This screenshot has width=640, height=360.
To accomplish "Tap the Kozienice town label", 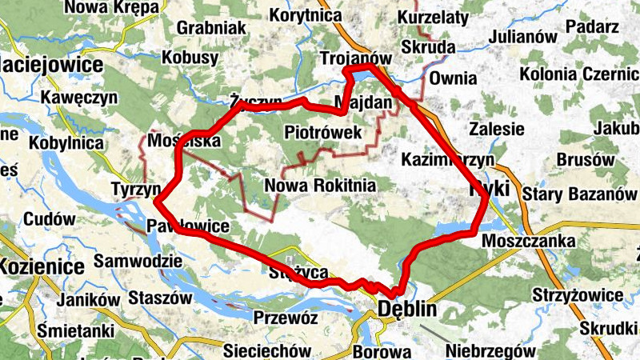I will click(42, 267).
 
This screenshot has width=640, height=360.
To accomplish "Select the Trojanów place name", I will click(355, 59).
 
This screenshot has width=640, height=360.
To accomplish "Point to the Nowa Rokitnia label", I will click(320, 186).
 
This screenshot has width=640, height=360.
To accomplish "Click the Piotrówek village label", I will click(322, 132).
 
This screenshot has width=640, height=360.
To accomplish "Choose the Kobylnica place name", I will click(66, 143).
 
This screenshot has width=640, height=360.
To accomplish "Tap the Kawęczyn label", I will click(81, 97).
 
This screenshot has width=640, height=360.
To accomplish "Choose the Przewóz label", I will click(286, 318).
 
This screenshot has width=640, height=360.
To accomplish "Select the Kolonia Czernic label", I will click(579, 74).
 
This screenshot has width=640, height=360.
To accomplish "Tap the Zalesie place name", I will click(497, 129).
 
